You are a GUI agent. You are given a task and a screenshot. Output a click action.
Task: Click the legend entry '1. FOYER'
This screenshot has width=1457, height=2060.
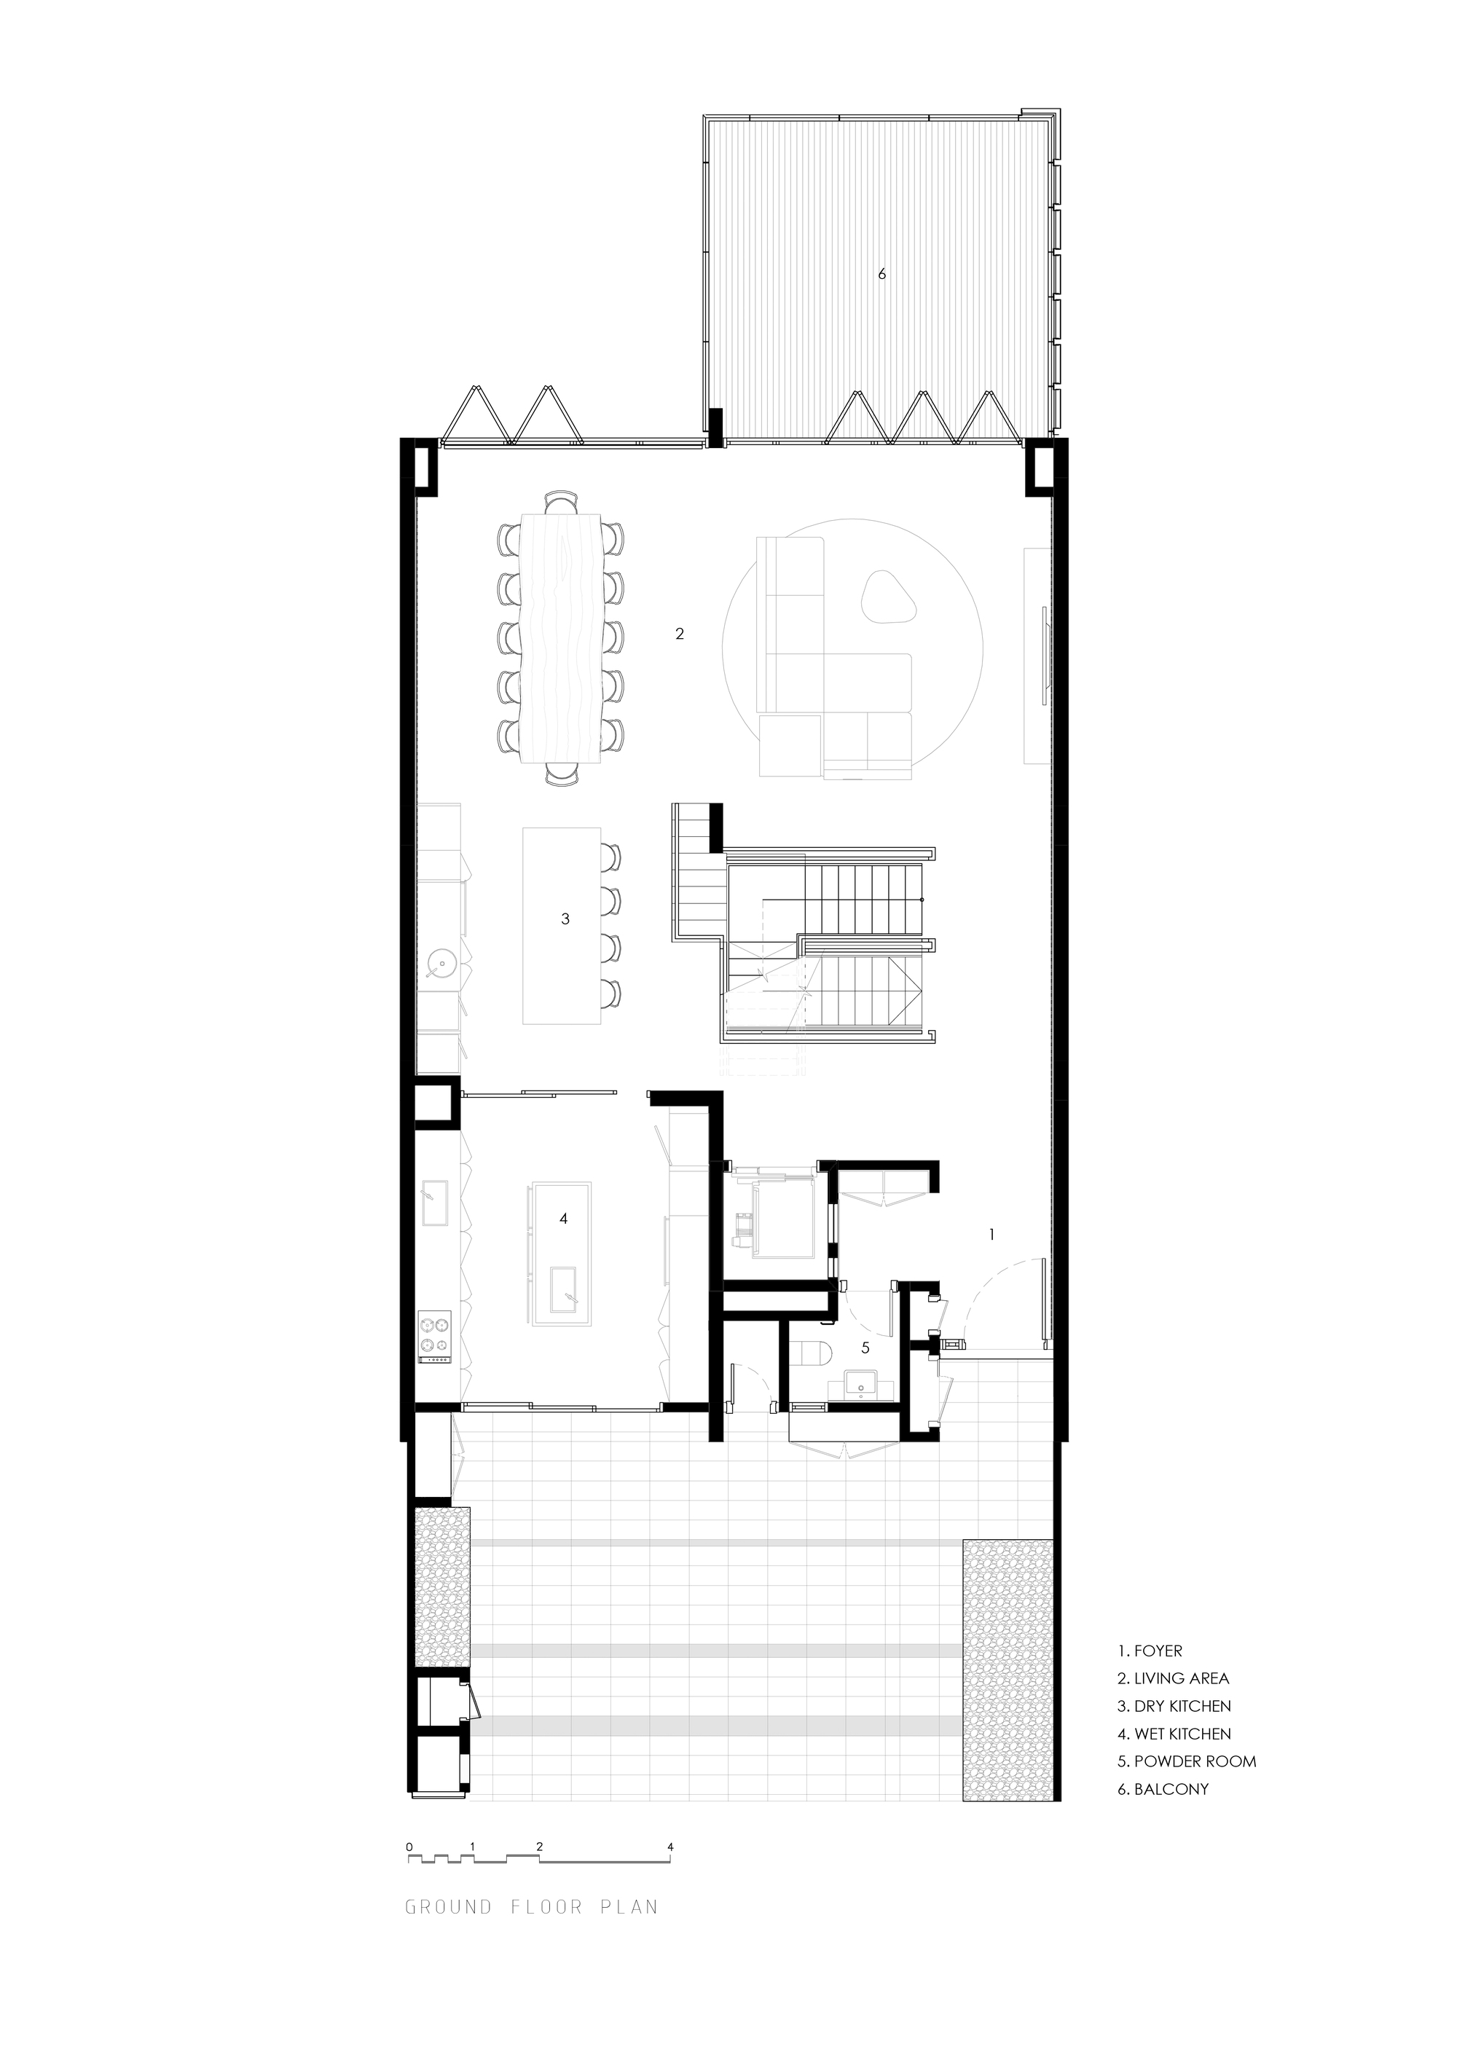click(1150, 1651)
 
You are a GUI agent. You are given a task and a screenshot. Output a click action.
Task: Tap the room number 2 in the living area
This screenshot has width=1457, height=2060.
click(679, 634)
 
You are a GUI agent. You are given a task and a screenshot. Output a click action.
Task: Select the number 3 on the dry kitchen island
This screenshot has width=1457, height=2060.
click(565, 919)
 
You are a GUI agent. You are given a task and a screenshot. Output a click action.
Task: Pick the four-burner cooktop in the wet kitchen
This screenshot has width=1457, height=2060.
click(437, 1332)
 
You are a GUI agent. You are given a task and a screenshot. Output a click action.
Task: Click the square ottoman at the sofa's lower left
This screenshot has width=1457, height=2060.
click(790, 744)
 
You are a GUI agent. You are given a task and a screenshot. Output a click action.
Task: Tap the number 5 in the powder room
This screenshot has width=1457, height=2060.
click(865, 1348)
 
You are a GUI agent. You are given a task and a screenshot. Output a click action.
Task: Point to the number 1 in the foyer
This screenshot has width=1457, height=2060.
click(991, 1235)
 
